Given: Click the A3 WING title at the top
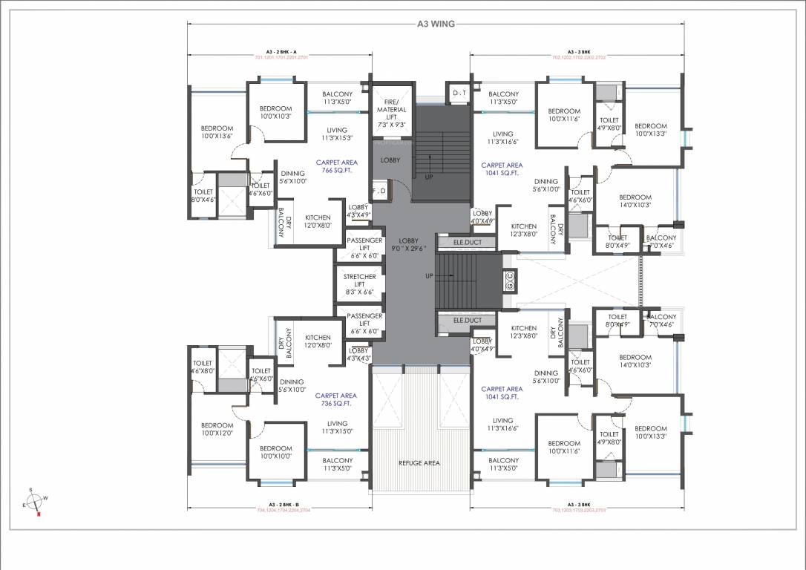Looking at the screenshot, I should [436, 24].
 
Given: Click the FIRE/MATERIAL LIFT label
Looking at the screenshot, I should [391, 111].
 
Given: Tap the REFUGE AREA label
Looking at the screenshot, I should [419, 462].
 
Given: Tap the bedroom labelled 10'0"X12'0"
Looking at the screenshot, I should [217, 429].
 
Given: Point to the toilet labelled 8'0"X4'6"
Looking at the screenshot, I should [204, 196].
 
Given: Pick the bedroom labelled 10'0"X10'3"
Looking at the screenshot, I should [275, 113].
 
